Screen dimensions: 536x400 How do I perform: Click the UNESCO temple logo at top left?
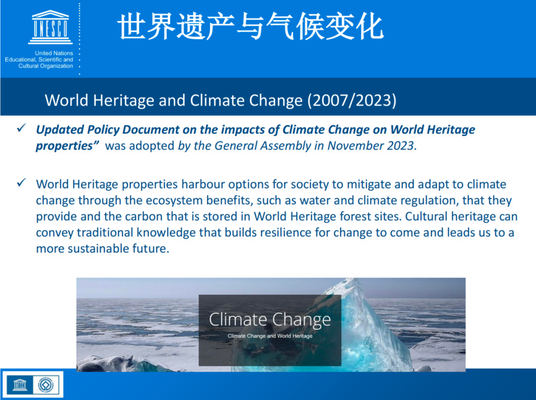(x=51, y=27)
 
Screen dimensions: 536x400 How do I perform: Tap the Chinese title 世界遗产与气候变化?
(x=251, y=26)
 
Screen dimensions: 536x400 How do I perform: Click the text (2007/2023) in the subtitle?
(x=352, y=101)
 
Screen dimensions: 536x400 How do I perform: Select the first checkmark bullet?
(x=21, y=128)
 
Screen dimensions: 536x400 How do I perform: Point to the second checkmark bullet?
(x=21, y=183)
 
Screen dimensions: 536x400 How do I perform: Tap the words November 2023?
(x=371, y=145)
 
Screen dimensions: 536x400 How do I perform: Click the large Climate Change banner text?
(x=269, y=320)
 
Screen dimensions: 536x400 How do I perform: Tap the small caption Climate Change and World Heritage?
(x=269, y=336)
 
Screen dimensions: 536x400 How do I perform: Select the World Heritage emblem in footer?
(x=46, y=385)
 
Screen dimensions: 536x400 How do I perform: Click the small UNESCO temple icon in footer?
(x=20, y=385)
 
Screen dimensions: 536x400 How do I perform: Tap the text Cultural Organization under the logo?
(x=46, y=66)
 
